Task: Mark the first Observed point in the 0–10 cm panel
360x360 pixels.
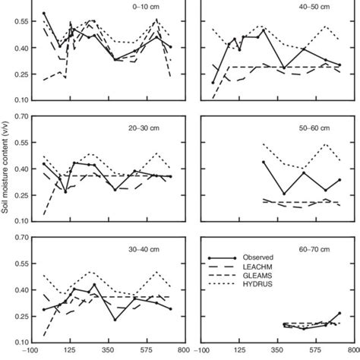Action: (44, 14)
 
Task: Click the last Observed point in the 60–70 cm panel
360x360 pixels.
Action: (339, 313)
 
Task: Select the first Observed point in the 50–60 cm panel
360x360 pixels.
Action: (264, 162)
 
